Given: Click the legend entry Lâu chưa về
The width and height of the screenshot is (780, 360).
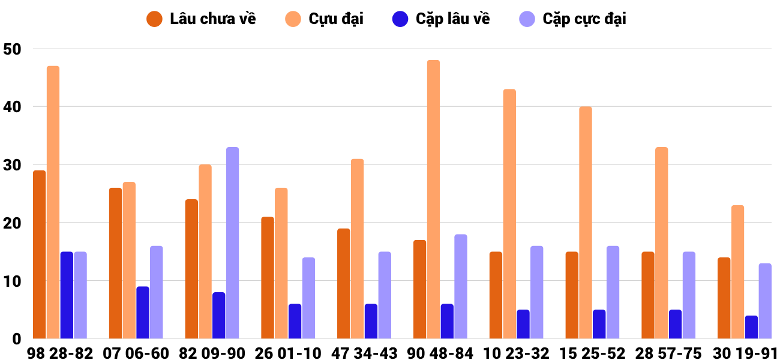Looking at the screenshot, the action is (201, 19).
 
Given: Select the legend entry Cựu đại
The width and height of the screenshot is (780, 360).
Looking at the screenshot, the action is (324, 19).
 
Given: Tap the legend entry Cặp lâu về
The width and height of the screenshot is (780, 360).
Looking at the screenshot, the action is (441, 19).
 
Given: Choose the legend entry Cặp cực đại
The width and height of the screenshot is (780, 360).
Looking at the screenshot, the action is (573, 19).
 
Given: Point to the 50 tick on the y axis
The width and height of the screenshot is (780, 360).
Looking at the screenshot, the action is (13, 49).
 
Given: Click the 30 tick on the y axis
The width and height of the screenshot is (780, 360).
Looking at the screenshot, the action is (13, 165).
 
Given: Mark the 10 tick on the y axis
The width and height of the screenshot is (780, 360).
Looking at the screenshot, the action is (13, 281).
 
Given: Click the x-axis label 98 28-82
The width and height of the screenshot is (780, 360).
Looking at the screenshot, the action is (60, 353).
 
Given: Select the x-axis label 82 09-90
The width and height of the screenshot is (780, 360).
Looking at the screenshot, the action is (212, 353).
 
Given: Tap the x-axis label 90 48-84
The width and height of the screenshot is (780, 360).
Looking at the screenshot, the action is (440, 353).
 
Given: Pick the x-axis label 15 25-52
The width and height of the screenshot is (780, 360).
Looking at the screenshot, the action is (592, 353).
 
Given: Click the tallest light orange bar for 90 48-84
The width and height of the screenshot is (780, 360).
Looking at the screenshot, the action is (433, 199).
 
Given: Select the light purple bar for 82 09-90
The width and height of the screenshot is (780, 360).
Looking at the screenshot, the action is (233, 242).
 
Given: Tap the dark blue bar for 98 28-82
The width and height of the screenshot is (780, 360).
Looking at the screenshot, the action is (67, 295).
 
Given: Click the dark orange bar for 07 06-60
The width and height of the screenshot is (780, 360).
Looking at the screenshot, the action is (116, 263).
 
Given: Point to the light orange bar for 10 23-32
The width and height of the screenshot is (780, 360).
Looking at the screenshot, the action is (509, 214).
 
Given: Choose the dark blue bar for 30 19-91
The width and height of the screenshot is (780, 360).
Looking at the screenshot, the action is (751, 327).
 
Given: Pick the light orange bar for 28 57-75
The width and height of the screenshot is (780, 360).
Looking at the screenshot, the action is (662, 242).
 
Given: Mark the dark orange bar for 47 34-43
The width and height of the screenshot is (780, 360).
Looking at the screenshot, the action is (344, 283).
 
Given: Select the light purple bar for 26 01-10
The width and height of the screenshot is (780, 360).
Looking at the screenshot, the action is (308, 298).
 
